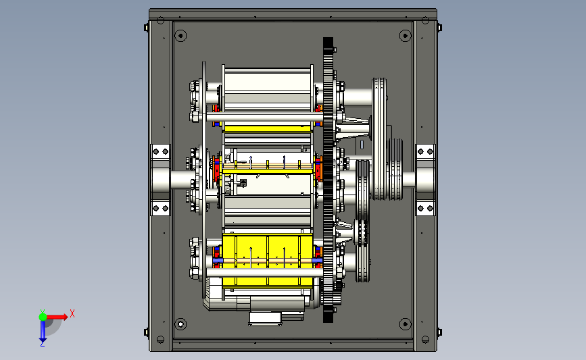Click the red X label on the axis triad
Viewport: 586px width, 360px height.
[72, 313]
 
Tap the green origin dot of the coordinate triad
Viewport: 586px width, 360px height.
[43, 317]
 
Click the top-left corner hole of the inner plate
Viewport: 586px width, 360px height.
[180, 36]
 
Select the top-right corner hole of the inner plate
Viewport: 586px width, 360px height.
[405, 36]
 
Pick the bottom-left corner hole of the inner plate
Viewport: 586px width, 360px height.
[180, 324]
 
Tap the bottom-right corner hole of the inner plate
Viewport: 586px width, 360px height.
[405, 324]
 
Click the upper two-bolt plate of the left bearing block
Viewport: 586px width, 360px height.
[161, 151]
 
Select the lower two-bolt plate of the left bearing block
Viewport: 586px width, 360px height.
[161, 208]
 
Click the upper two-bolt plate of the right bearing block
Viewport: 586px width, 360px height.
[425, 151]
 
